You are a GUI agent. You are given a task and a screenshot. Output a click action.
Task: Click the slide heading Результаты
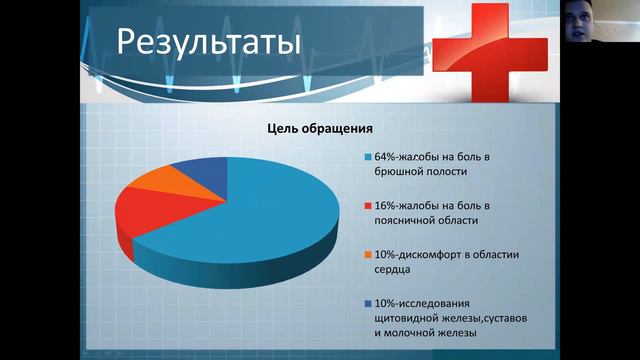(208, 43)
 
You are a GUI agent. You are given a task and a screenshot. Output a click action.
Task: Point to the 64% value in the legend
(386, 156)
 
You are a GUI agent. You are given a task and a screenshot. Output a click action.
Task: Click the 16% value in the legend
(386, 205)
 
